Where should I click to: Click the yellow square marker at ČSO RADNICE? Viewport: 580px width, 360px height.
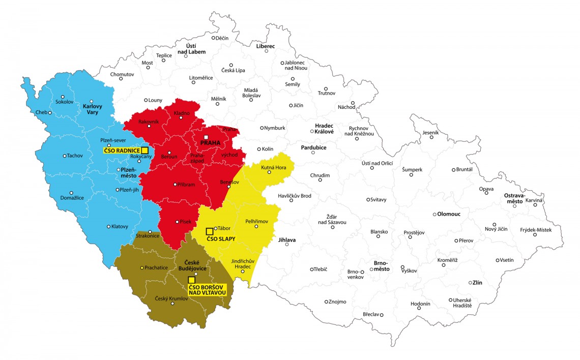click(x=144, y=150)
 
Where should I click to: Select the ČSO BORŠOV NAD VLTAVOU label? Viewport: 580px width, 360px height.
click(x=207, y=289)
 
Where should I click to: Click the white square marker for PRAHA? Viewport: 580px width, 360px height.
click(x=206, y=137)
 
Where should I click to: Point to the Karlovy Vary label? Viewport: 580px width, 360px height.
click(x=93, y=109)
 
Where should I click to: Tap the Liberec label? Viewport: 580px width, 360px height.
click(x=265, y=46)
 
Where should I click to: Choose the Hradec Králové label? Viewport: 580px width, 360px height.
click(x=324, y=128)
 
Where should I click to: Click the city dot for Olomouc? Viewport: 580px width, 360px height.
click(x=434, y=214)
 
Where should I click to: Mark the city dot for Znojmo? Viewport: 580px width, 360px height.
click(x=326, y=302)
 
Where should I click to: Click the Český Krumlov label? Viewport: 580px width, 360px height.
click(x=171, y=298)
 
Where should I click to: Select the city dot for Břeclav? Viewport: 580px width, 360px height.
click(x=381, y=314)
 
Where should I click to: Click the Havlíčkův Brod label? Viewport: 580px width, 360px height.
click(x=295, y=196)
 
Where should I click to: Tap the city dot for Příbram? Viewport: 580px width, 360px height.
click(x=175, y=185)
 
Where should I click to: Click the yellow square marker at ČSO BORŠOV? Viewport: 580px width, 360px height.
click(x=191, y=280)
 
